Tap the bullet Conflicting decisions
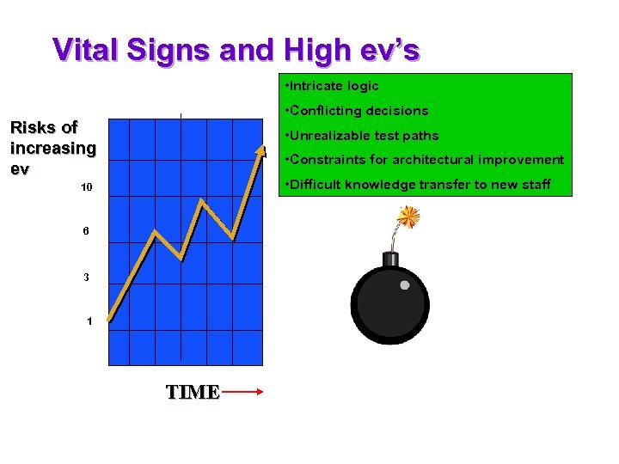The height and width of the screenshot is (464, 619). pyautogui.click(x=359, y=111)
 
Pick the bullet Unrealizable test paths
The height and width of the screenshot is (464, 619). pyautogui.click(x=364, y=136)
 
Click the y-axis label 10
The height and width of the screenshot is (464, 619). pyautogui.click(x=87, y=187)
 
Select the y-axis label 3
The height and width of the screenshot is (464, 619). pyautogui.click(x=87, y=278)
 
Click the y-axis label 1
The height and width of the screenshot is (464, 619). pyautogui.click(x=89, y=321)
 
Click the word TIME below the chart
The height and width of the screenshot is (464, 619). pyautogui.click(x=193, y=393)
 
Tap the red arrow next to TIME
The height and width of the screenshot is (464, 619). pyautogui.click(x=242, y=392)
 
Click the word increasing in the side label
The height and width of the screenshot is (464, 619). pyautogui.click(x=53, y=148)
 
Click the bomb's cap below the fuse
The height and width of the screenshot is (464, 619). pyautogui.click(x=390, y=259)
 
